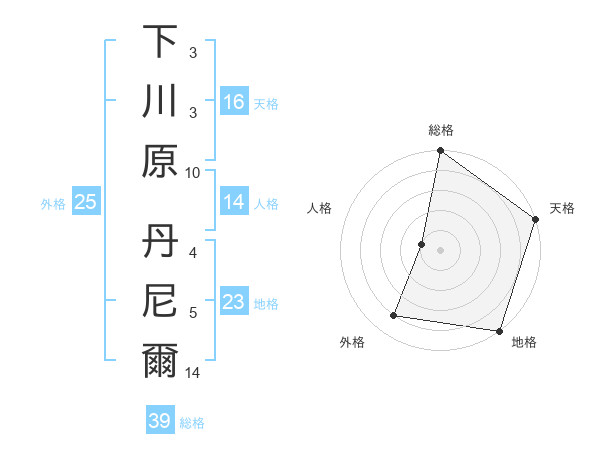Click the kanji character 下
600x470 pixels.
pyautogui.click(x=160, y=42)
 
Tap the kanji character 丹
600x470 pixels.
pyautogui.click(x=160, y=242)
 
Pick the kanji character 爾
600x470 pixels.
pyautogui.click(x=160, y=361)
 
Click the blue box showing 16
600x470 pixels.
pyautogui.click(x=234, y=102)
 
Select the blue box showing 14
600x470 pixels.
pyautogui.click(x=234, y=202)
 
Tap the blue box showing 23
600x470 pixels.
pyautogui.click(x=234, y=302)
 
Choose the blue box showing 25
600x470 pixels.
pyautogui.click(x=86, y=202)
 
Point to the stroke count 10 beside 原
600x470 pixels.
pyautogui.click(x=193, y=172)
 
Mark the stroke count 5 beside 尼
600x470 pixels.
pyautogui.click(x=193, y=313)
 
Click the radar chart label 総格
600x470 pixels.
pyautogui.click(x=441, y=130)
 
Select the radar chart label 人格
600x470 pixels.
pyautogui.click(x=320, y=208)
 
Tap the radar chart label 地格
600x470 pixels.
pyautogui.click(x=524, y=342)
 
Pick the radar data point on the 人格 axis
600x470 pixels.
pyautogui.click(x=422, y=244)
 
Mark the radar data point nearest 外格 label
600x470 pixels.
pyautogui.click(x=394, y=316)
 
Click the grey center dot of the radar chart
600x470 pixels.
pyautogui.click(x=440, y=250)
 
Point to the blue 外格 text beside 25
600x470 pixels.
pyautogui.click(x=53, y=203)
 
